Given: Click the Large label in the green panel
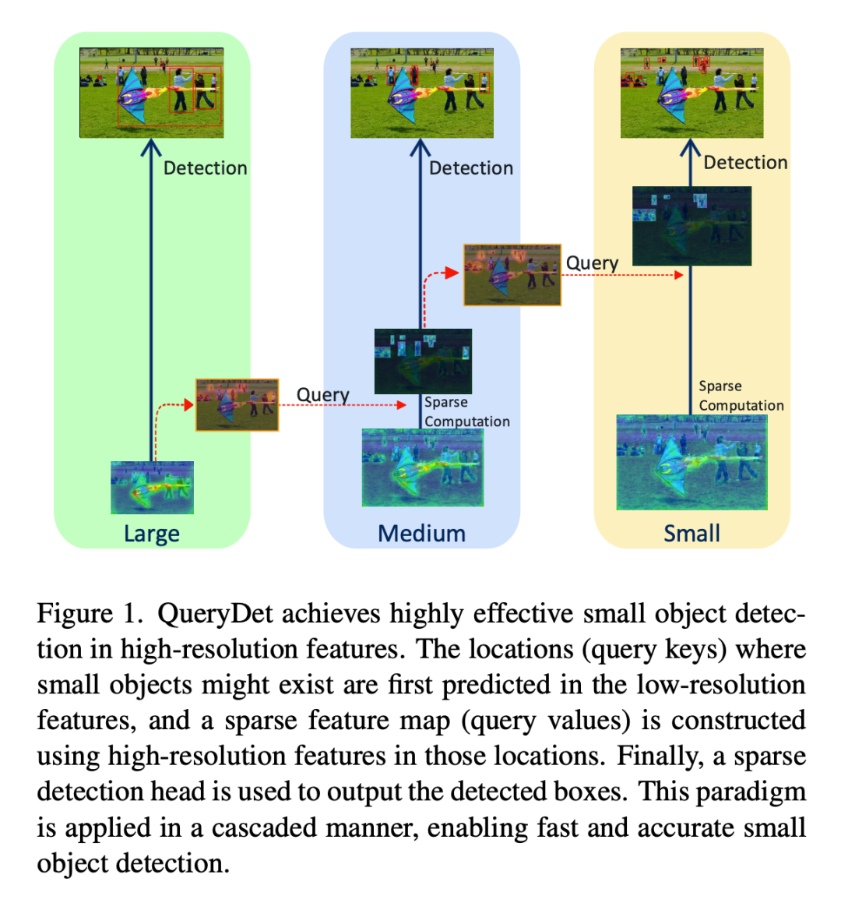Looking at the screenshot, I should coord(151,534).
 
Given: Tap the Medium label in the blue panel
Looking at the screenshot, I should coord(421,534).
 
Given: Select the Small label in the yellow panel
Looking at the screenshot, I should coord(691,534).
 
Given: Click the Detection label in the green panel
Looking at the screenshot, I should coord(205,168).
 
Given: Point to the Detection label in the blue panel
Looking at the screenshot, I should coord(471,168).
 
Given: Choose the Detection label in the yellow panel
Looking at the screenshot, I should coord(745,163).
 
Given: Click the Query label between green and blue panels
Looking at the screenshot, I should coord(322,395).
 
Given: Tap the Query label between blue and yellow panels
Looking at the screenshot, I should coord(592,263).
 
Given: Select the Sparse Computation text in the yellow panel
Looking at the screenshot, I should coord(741,396).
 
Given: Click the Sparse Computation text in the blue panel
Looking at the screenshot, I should coord(466,412).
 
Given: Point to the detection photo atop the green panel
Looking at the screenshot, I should coord(151,93).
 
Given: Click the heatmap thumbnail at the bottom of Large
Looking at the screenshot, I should coord(152,488).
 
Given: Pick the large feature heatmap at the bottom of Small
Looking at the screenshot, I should coord(691,463).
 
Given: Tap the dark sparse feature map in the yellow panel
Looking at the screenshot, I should coord(691,226).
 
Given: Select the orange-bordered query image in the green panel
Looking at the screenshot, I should coord(237,405).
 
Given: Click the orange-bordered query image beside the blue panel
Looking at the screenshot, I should coord(512,275).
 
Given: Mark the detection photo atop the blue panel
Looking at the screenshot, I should coord(421,93).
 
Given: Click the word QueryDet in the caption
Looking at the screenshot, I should coord(215,614).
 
